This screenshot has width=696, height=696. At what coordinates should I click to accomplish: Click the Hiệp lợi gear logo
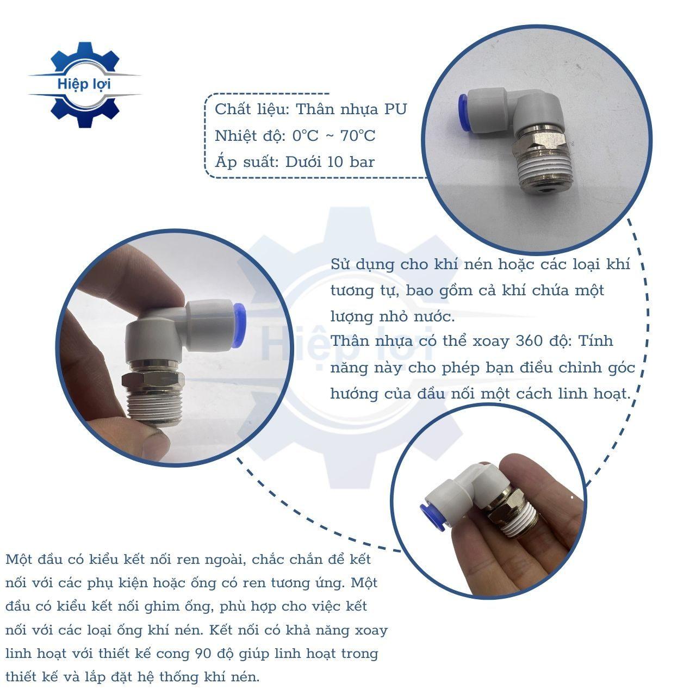[84, 84]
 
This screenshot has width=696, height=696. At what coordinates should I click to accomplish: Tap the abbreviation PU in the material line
[395, 109]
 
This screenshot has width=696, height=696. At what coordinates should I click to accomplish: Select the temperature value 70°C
[358, 136]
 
